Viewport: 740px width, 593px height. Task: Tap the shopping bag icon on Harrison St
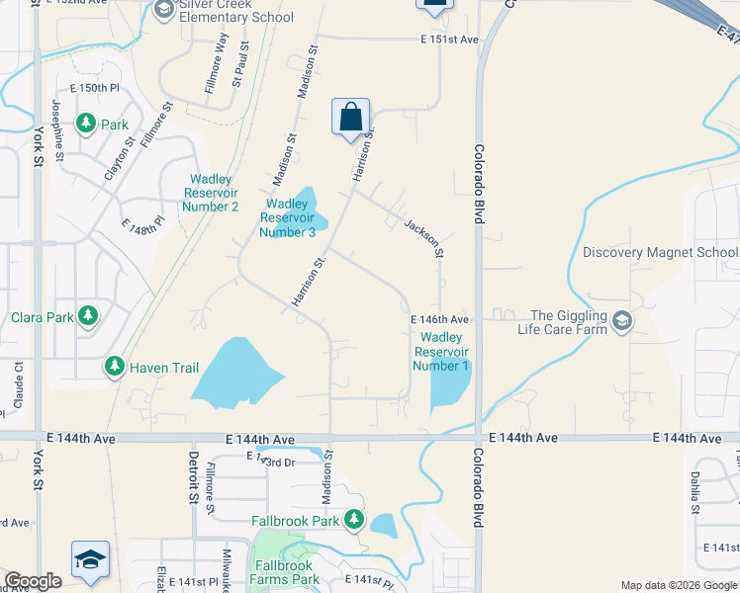(351, 118)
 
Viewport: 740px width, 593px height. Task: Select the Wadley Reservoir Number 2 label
(211, 193)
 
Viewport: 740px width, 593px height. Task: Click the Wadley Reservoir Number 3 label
(288, 218)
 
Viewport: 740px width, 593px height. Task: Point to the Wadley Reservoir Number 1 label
(441, 352)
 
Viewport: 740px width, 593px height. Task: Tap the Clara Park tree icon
(89, 317)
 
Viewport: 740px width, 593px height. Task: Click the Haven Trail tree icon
(116, 368)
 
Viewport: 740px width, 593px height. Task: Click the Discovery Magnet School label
(660, 252)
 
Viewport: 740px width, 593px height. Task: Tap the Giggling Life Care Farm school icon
(621, 322)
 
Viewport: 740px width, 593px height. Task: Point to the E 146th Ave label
(439, 320)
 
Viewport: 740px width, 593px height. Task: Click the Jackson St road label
(421, 239)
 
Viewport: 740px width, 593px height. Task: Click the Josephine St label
(58, 129)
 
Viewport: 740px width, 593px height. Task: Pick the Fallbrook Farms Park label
(286, 572)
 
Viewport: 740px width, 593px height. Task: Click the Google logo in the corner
(33, 581)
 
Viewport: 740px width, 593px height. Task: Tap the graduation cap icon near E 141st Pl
(90, 559)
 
